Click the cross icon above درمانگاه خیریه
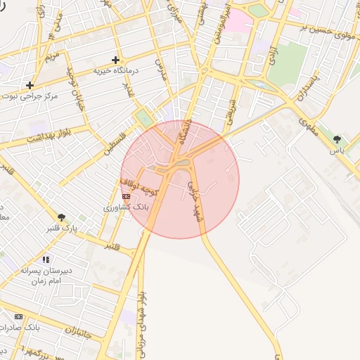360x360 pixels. click(116, 60)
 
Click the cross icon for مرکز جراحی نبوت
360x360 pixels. click(30, 85)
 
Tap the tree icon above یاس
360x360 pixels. click(338, 139)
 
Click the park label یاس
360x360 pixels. click(338, 150)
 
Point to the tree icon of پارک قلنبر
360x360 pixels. click(62, 217)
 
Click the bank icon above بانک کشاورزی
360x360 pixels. click(126, 196)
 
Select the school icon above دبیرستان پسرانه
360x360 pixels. click(46, 259)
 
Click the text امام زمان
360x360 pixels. click(46, 280)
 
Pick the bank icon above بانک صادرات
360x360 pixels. click(18, 317)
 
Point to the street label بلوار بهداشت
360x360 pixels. click(31, 139)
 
